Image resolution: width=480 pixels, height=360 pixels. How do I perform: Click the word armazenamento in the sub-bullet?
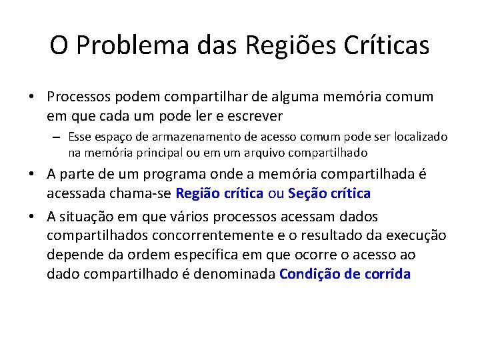[177, 137]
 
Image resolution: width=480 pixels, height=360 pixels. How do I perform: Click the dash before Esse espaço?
[58, 137]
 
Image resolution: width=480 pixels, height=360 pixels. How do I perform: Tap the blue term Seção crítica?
[328, 193]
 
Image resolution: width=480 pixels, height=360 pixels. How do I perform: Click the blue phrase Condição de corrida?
[345, 273]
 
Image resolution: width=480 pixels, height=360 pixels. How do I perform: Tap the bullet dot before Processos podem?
[31, 97]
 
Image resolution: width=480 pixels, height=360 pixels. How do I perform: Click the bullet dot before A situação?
[31, 217]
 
